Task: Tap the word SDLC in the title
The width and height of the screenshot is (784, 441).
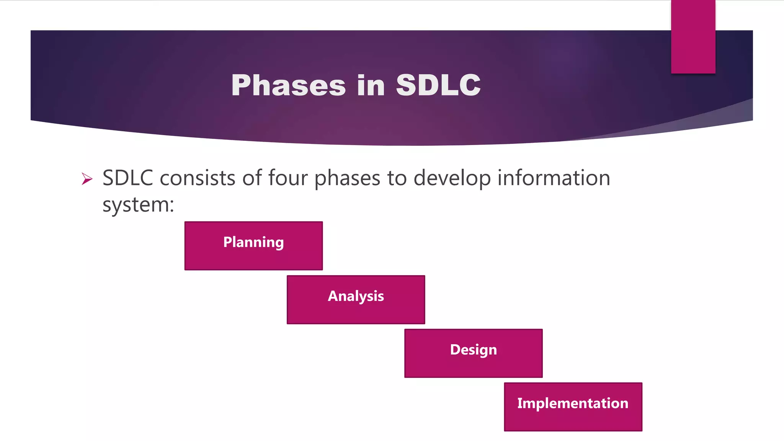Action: pos(438,85)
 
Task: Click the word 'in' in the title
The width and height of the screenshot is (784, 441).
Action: pos(371,85)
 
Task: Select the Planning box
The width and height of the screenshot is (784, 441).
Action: pos(253,246)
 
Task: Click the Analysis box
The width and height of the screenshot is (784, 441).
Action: pos(356,300)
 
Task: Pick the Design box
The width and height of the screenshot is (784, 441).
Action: pos(473,353)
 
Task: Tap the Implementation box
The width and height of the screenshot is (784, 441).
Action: pos(573,407)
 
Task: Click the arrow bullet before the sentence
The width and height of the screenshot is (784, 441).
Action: pos(87,179)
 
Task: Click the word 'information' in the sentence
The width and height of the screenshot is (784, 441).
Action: pos(554,178)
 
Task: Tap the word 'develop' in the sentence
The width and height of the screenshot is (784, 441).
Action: pos(452,179)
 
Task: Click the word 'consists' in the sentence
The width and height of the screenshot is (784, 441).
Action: pos(197,178)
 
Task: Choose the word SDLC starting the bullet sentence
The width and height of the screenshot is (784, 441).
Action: pos(128,178)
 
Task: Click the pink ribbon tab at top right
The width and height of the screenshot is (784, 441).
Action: pos(693,36)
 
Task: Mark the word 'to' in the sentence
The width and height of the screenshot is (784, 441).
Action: pos(397,178)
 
